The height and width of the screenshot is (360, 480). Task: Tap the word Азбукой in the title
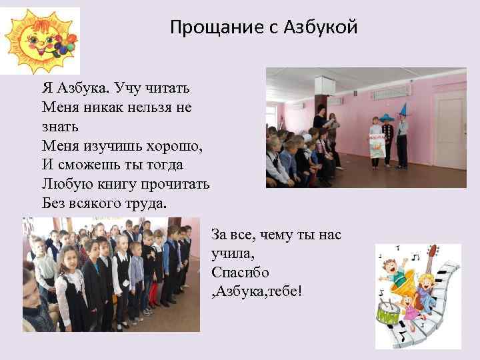pos(321,28)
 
